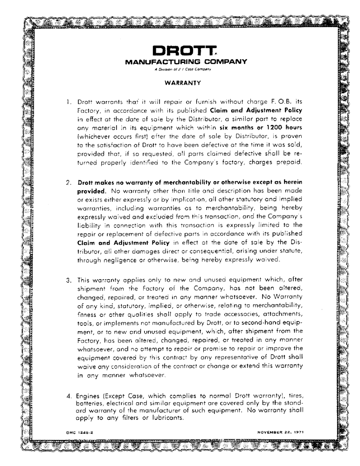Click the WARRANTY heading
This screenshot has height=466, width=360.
[182, 83]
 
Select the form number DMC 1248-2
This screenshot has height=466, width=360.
[81, 432]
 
